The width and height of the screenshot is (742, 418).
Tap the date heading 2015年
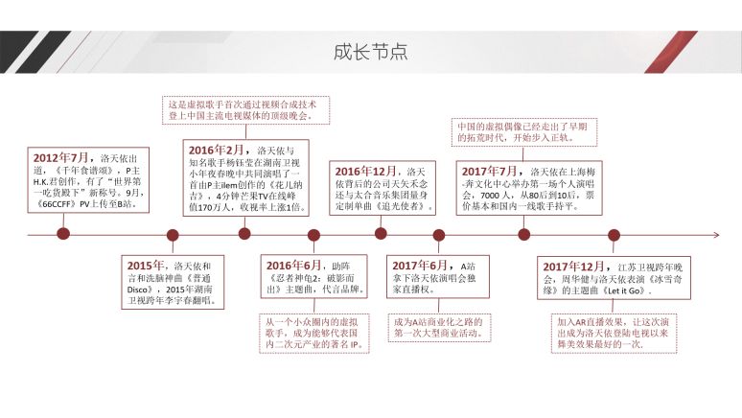pyautogui.click(x=147, y=265)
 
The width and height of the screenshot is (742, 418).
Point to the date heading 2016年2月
pyautogui.click(x=216, y=151)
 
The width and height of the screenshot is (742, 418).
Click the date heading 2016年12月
pyautogui.click(x=365, y=171)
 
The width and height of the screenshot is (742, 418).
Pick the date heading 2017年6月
pyautogui.click(x=421, y=265)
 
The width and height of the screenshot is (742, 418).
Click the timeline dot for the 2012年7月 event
pyautogui.click(x=63, y=234)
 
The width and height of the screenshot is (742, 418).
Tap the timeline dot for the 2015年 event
pyautogui.click(x=173, y=234)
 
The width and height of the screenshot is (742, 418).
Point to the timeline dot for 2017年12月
pyautogui.click(x=614, y=234)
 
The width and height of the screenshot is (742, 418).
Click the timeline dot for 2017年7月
pyautogui.click(x=524, y=234)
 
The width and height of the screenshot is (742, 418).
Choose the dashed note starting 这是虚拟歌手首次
pyautogui.click(x=246, y=109)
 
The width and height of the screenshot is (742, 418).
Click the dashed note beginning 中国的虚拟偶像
pyautogui.click(x=522, y=131)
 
